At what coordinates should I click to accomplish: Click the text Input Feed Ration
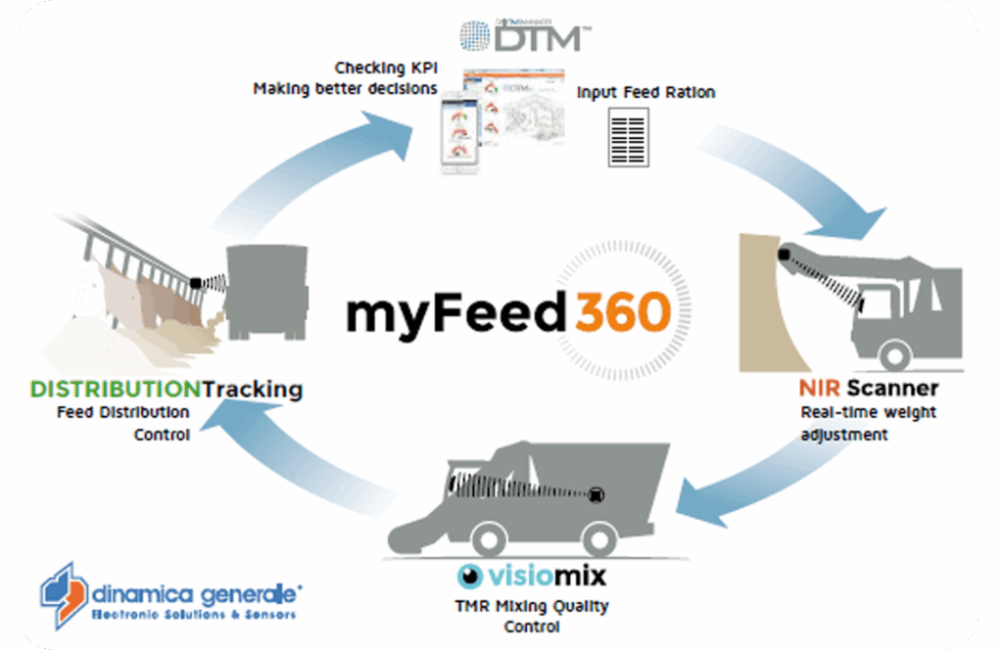[645, 93]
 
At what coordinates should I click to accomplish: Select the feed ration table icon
[629, 137]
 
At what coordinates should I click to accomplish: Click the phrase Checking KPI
[386, 69]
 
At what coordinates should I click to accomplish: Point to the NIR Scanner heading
[868, 389]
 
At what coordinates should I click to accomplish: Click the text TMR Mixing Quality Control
[533, 616]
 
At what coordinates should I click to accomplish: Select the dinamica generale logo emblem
[63, 594]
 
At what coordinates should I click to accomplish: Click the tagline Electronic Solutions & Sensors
[193, 615]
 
